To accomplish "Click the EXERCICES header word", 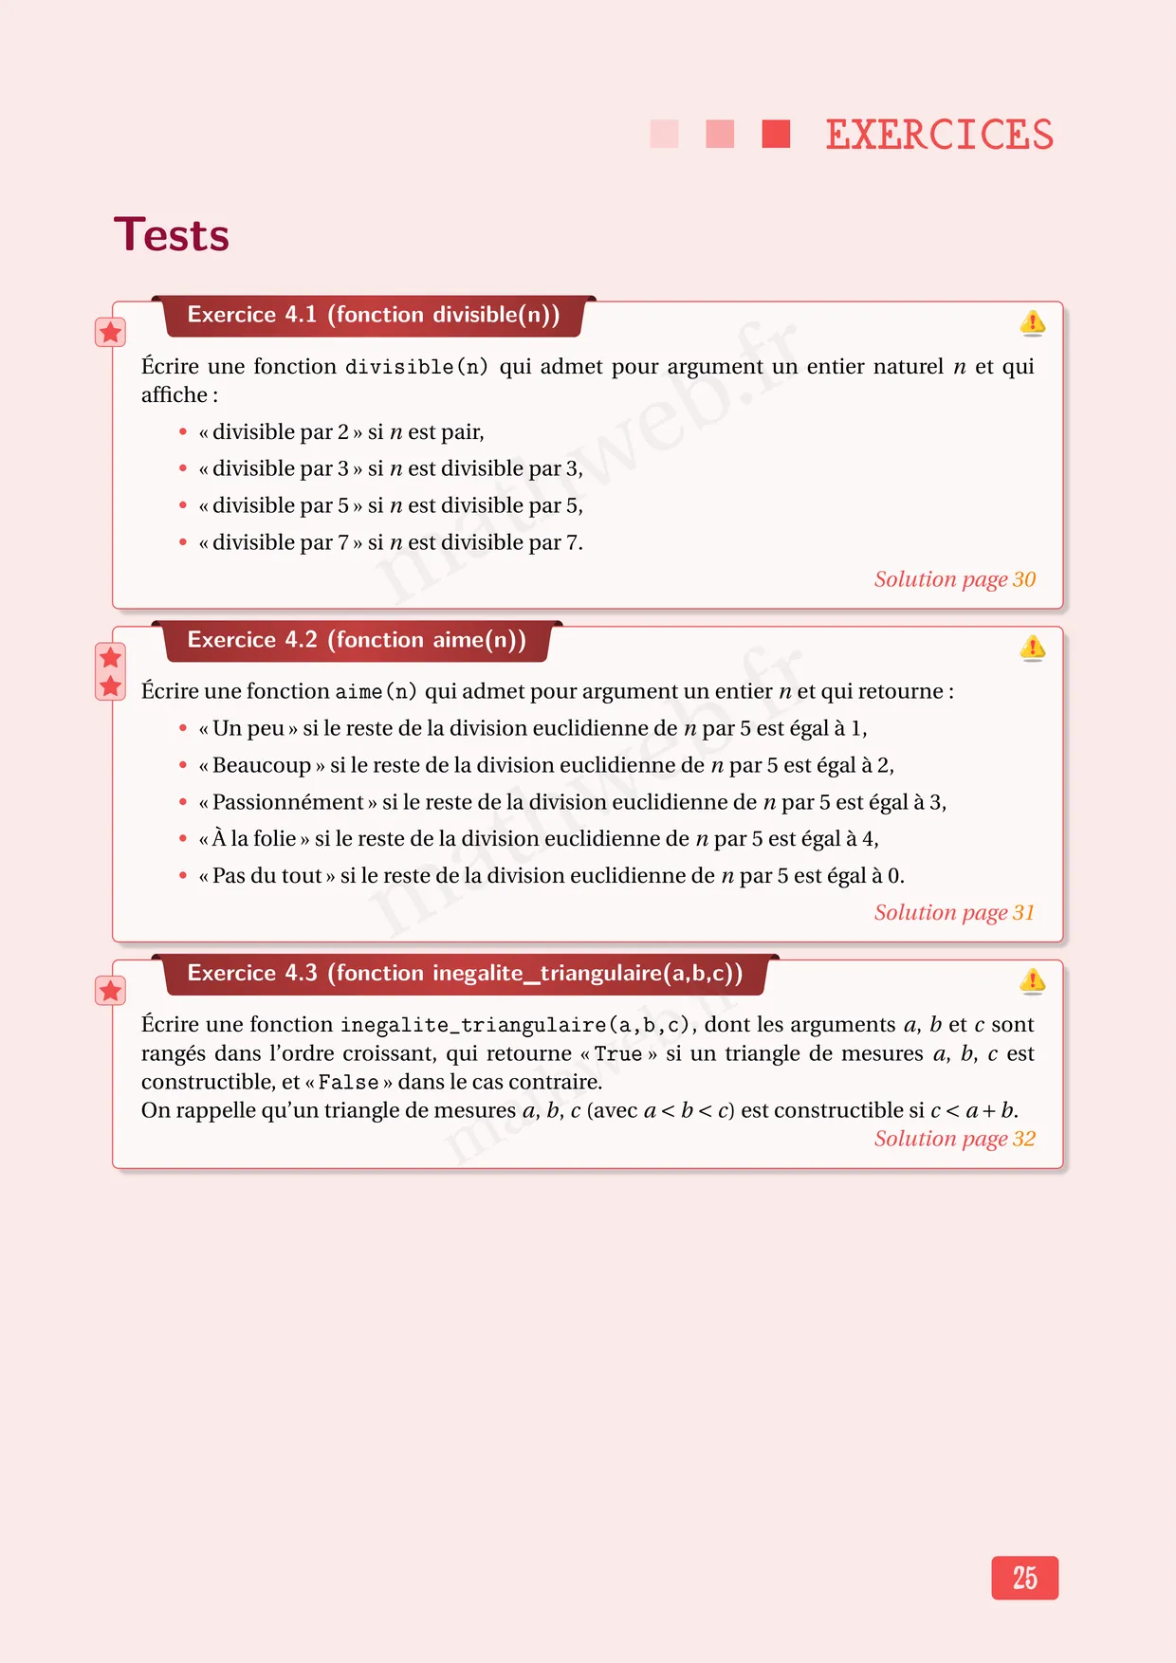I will (939, 135).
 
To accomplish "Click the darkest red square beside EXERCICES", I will (776, 134).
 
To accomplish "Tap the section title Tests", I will (172, 235).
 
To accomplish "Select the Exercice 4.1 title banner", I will (374, 315).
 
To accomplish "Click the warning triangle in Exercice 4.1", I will (1032, 322).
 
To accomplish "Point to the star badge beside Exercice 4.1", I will (111, 332).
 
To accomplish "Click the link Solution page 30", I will (954, 579).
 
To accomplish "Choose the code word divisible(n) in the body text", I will (416, 367).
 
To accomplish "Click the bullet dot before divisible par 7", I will (183, 542).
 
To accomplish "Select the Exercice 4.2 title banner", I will (357, 640).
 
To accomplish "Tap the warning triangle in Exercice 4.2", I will (1032, 648).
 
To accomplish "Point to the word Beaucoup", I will (262, 765).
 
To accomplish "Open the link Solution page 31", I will (954, 912).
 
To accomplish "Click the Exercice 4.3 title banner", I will (465, 974).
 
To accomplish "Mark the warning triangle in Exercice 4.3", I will (1032, 980).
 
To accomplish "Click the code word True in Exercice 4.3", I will (617, 1054).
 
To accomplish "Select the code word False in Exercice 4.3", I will (348, 1083).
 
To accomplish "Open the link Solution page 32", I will (954, 1139).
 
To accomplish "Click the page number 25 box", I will (1024, 1578).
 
